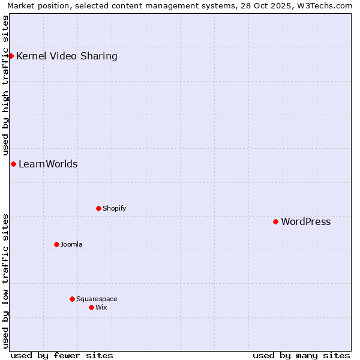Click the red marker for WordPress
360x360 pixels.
276,221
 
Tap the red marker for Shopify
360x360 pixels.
99,208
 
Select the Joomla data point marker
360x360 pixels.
57,244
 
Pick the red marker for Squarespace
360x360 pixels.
73,299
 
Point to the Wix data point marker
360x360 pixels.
92,307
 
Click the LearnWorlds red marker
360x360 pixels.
13,164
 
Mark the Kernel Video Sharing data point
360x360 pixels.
11,56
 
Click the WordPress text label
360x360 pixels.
305,221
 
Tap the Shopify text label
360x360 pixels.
114,208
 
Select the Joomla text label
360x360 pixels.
71,244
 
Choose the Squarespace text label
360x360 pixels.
97,299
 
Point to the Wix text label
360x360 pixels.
101,307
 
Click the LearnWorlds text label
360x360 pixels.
48,164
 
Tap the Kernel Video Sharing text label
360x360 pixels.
67,56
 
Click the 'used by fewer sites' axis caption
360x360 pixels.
62,355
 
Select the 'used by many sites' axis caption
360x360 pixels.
301,355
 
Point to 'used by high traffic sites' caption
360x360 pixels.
5,84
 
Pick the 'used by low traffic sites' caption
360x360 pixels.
5,281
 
